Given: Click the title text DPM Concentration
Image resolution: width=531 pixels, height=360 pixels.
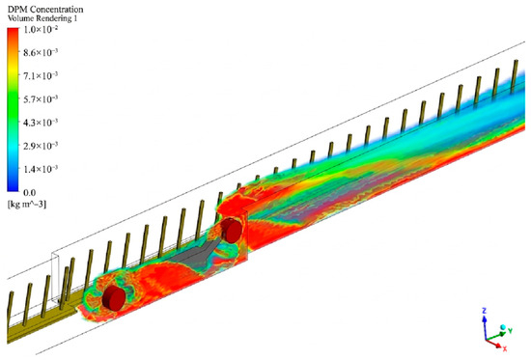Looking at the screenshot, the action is [x=45, y=9].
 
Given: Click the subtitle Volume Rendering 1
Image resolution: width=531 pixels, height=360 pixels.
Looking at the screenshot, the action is [x=42, y=18].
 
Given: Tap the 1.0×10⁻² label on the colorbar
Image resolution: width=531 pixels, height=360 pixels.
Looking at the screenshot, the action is [x=41, y=30].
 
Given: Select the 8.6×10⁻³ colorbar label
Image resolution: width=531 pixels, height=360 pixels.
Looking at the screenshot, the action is [x=41, y=52].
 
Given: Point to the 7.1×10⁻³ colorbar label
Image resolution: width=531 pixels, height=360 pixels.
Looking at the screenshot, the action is [x=41, y=76].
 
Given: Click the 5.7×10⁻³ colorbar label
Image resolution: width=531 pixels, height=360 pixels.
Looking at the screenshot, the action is [x=41, y=99].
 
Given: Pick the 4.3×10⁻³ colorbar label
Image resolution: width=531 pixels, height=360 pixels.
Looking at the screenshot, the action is [x=41, y=123].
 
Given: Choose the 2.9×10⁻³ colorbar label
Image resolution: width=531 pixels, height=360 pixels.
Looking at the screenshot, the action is [x=41, y=146].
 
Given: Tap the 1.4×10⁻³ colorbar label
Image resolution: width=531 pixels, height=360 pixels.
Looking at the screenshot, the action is [x=41, y=169].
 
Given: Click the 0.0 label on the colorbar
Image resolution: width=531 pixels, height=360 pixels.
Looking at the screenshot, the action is [x=29, y=193].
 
